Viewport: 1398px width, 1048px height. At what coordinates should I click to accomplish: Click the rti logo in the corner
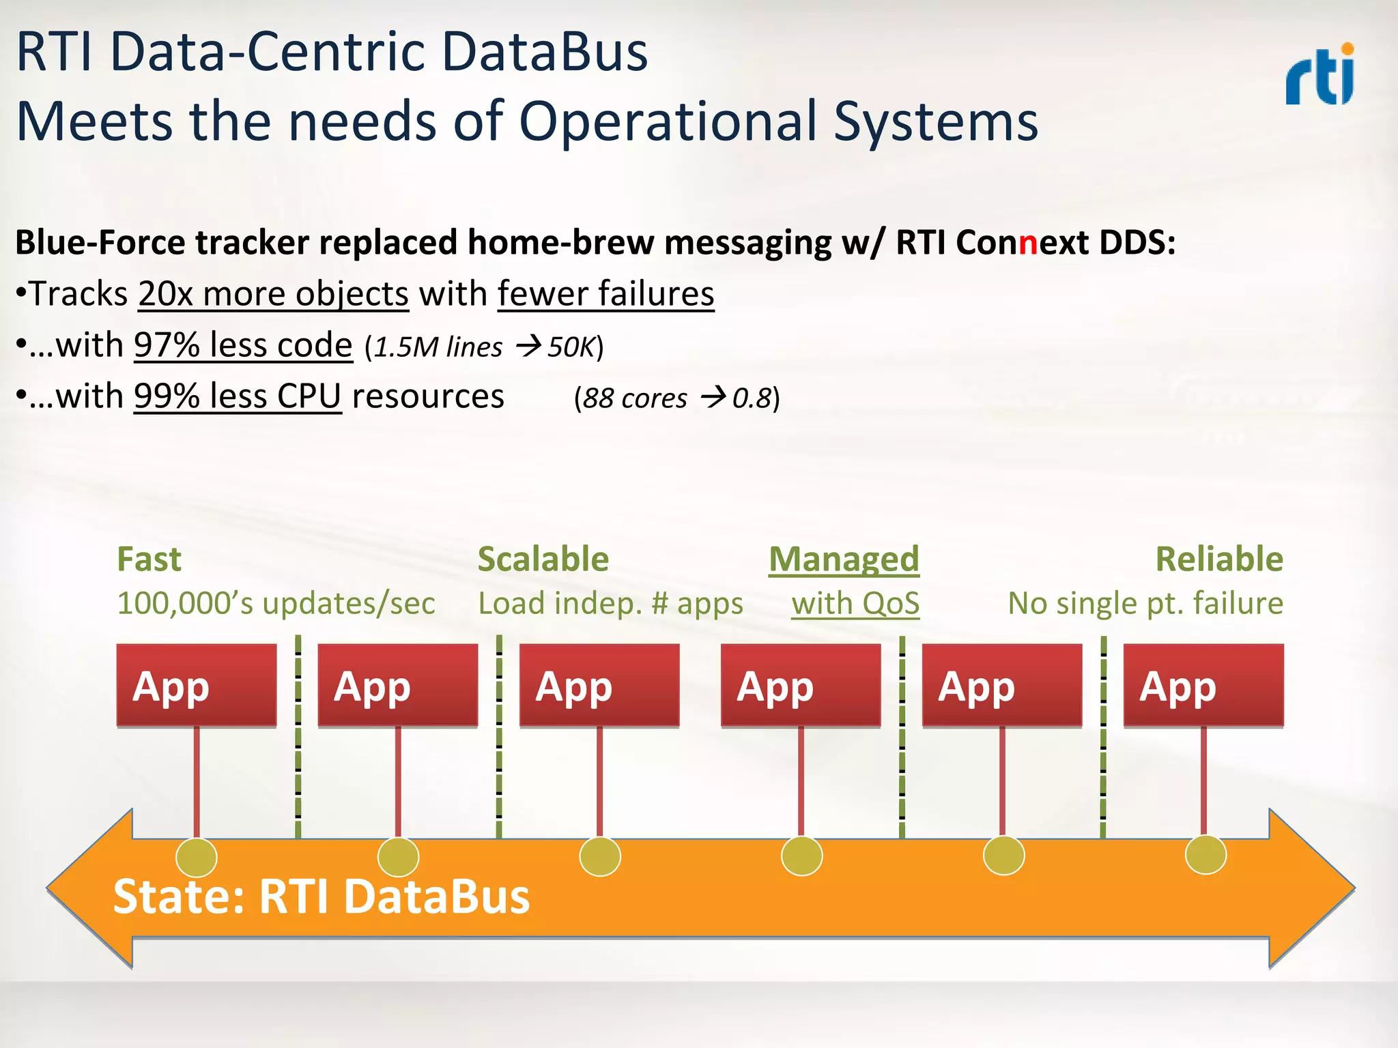pos(1319,75)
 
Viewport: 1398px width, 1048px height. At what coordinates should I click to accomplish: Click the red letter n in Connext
pos(1027,242)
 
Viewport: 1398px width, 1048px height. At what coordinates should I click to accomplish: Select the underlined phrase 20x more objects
pos(273,295)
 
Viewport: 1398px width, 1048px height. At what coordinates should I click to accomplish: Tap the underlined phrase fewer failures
pos(605,295)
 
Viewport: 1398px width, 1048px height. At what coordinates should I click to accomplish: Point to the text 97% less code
pos(243,345)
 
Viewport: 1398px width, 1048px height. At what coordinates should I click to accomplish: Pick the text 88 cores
pos(635,398)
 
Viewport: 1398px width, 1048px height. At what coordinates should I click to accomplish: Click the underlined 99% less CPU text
pos(237,396)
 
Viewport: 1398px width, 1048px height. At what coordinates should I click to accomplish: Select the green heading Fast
pos(149,559)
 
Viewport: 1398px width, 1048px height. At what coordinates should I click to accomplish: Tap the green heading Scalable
pos(543,559)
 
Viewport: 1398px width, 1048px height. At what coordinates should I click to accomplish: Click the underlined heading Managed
pos(844,559)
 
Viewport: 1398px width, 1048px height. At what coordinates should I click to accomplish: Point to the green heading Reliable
pos(1219,559)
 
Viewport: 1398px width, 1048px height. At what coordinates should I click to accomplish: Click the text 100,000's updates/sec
pos(276,604)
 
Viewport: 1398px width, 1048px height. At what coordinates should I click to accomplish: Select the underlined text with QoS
pos(855,604)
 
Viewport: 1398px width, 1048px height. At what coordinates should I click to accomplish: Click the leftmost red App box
pos(197,685)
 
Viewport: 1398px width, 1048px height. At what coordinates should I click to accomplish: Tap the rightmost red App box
pos(1203,685)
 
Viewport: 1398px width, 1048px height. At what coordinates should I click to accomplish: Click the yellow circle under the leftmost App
pos(197,857)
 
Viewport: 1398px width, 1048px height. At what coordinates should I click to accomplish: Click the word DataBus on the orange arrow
pos(437,897)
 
